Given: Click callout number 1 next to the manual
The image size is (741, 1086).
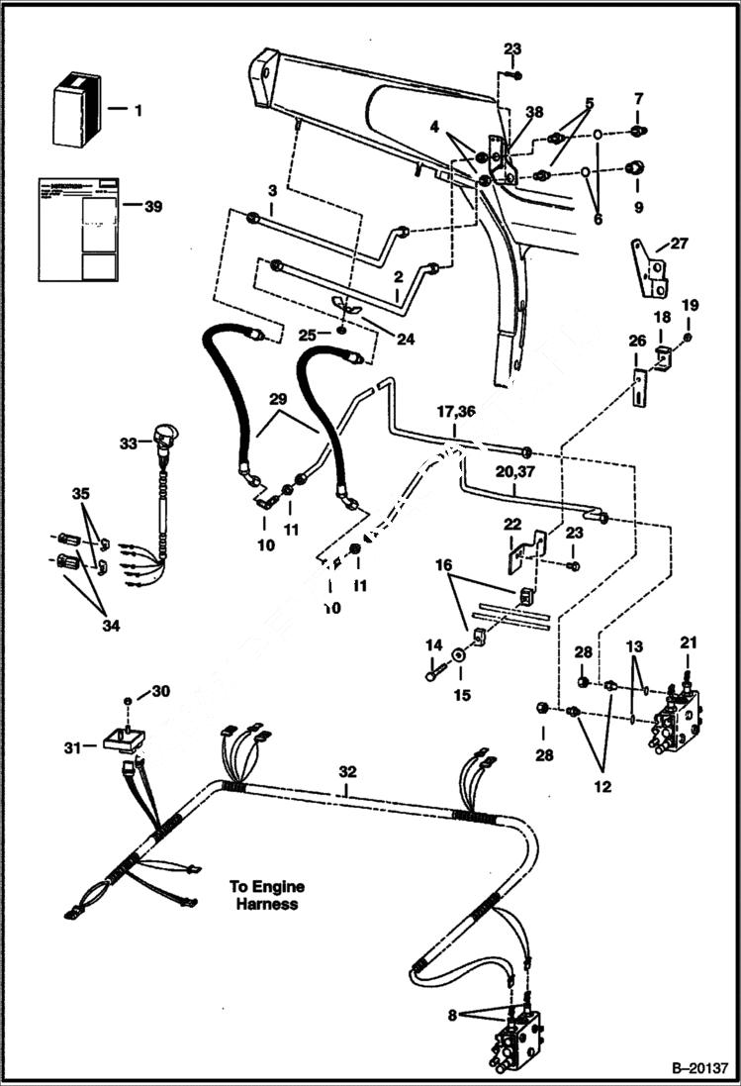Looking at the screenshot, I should pyautogui.click(x=138, y=111).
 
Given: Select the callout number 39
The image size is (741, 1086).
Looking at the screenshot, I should pyautogui.click(x=152, y=206).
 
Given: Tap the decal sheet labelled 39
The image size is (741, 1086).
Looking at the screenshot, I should pyautogui.click(x=79, y=230).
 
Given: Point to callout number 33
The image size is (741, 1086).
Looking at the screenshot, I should pyautogui.click(x=128, y=444).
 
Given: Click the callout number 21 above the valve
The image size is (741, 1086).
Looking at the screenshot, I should pyautogui.click(x=689, y=643).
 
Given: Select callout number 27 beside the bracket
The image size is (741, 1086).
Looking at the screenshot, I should pyautogui.click(x=678, y=243).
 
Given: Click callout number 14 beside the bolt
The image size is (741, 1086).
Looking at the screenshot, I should pyautogui.click(x=432, y=645).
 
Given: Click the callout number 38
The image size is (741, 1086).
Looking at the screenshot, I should pyautogui.click(x=535, y=112).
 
